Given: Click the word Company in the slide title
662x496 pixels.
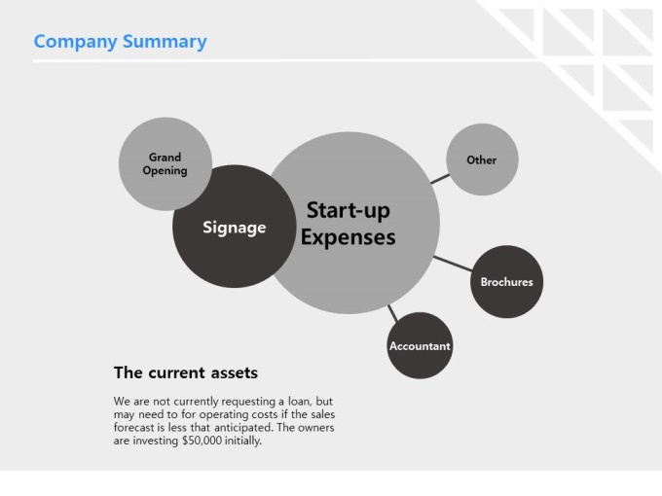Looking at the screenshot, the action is (76, 42).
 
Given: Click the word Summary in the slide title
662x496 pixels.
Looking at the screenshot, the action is (165, 42).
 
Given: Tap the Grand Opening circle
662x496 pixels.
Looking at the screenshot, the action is (165, 163).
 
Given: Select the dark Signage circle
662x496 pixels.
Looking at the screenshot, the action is (235, 227).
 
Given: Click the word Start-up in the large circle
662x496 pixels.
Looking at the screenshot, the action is (349, 210).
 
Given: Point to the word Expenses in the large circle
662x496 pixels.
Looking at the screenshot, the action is (349, 237).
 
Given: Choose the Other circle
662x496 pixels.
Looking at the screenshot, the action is (482, 159).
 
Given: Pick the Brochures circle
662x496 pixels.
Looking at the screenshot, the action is (506, 282).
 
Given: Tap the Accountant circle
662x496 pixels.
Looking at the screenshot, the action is (420, 345).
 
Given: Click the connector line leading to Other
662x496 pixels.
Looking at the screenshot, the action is (440, 179).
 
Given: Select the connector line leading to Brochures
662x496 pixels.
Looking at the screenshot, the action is (453, 264).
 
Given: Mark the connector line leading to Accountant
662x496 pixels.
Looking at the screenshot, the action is (392, 313).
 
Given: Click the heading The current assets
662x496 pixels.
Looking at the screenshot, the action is (186, 372).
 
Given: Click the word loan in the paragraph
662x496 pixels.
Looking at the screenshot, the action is (299, 401).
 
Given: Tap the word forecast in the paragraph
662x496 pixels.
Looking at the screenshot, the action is (133, 428).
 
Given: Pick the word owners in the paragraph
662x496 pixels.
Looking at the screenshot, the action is (316, 428).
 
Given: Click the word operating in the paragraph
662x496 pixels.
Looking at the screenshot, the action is (223, 414).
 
